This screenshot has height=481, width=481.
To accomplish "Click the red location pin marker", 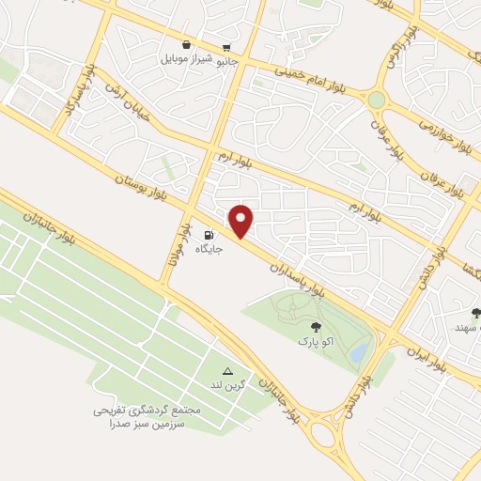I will [241, 222].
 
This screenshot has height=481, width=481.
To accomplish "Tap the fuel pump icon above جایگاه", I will [208, 235].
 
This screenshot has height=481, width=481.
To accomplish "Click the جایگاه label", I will [208, 250].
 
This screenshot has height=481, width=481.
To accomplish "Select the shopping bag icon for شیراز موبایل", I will [186, 45].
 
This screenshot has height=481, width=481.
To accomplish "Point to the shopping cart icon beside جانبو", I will [226, 48].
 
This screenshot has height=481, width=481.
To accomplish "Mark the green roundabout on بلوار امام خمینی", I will [377, 100].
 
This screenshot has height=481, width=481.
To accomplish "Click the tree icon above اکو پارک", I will [316, 327].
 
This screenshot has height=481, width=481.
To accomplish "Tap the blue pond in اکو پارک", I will [359, 352].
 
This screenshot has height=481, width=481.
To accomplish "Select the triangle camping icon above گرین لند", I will [226, 371].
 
